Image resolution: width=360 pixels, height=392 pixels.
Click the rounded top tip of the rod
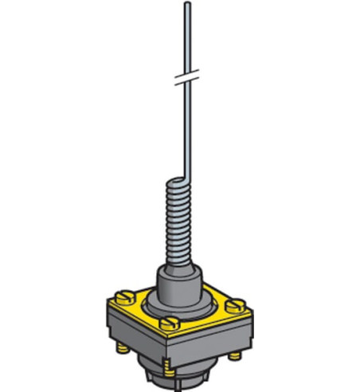(x=186, y=6)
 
